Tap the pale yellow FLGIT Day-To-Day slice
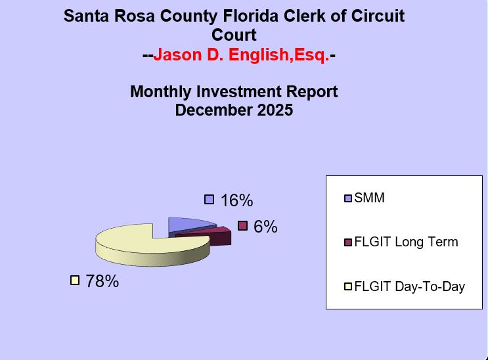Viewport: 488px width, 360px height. (141, 244)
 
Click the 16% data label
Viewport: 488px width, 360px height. (236, 200)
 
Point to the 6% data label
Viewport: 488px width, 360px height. (265, 227)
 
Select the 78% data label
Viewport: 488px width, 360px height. (102, 281)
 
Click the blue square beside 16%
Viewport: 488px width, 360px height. (210, 199)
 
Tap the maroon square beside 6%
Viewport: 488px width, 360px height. (242, 226)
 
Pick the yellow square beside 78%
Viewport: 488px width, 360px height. (75, 281)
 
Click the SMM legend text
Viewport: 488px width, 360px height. (369, 198)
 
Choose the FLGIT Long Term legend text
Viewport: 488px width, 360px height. (406, 242)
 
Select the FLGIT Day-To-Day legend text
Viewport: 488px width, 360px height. (409, 286)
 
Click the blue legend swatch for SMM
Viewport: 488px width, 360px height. (348, 198)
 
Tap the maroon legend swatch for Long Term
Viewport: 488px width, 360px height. (348, 242)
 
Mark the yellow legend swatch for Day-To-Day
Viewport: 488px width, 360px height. (348, 287)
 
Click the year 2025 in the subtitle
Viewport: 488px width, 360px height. (271, 110)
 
